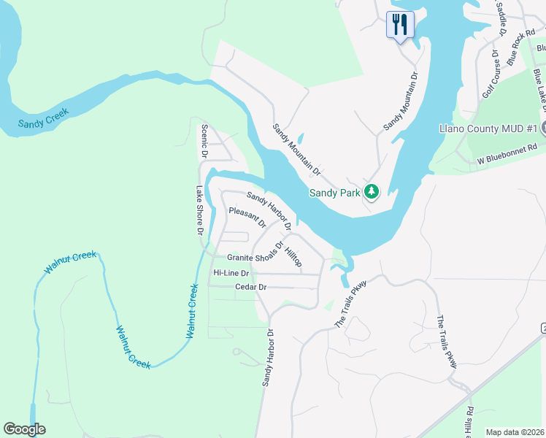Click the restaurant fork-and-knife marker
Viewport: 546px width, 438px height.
point(399,24)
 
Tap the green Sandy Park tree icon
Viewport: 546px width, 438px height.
point(372,192)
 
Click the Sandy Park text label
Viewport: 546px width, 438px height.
point(334,193)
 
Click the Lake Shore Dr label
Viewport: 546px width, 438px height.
point(199,210)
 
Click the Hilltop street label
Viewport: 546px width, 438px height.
point(293,256)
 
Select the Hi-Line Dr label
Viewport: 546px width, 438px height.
point(231,273)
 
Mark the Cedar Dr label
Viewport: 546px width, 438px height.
point(250,288)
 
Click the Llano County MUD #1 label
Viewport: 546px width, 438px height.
point(488,128)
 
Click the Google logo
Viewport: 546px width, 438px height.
point(24,429)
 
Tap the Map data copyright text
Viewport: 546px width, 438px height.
point(515,432)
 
